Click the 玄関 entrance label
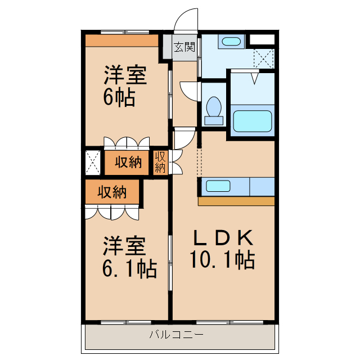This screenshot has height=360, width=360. (183, 47)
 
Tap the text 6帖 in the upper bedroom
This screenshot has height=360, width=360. (119, 98)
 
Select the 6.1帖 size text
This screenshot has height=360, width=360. (129, 269)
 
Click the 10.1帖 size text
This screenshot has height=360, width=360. (222, 260)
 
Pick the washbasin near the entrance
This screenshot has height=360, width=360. (231, 41)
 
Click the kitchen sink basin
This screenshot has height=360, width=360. (215, 186)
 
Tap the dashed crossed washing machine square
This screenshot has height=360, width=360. (263, 58)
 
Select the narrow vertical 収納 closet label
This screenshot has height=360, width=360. (160, 161)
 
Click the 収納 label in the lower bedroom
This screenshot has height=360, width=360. (112, 192)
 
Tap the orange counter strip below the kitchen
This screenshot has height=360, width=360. (236, 201)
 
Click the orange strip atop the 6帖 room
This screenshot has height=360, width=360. (121, 40)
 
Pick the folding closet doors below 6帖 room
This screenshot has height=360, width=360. (127, 142)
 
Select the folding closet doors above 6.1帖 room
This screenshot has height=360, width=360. (112, 212)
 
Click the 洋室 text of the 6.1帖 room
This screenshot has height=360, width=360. (124, 246)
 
